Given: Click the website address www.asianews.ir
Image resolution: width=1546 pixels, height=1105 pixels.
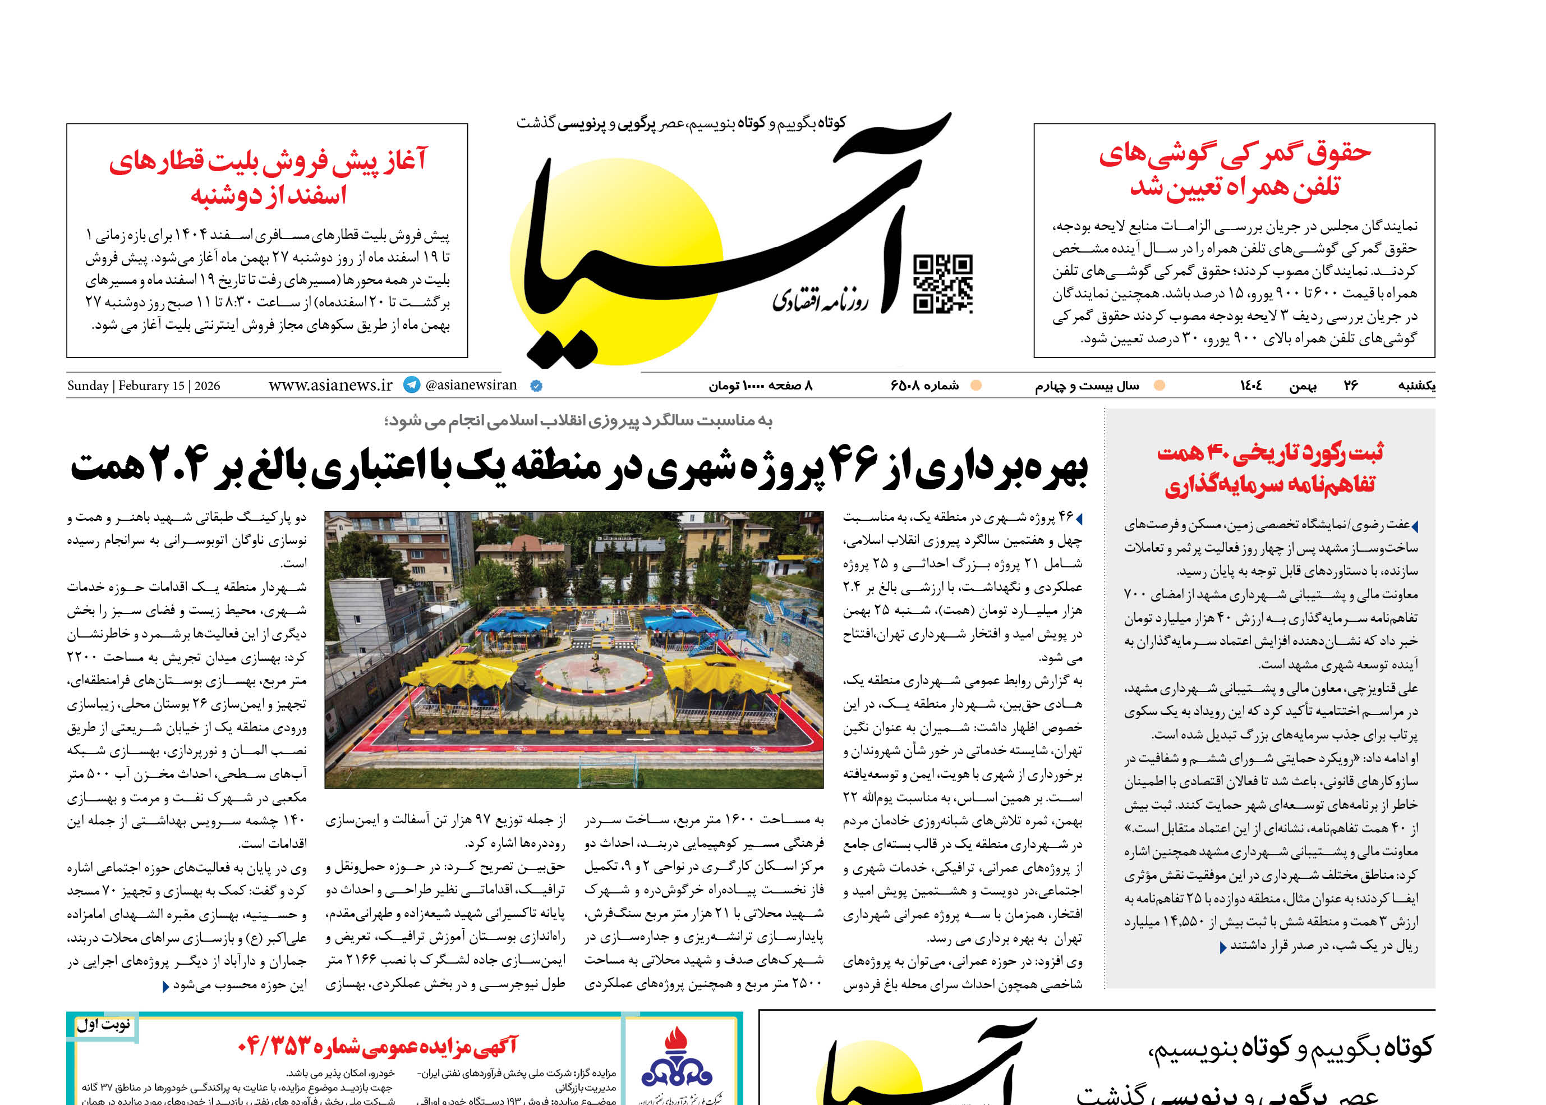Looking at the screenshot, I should coord(330,385).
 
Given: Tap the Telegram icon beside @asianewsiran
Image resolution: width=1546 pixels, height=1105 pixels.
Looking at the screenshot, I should coord(412,385).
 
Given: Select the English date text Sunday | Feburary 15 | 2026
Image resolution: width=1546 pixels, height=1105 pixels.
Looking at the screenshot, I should coord(144,386).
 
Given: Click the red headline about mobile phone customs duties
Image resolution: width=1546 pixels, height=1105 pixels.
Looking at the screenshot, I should coord(1235,170).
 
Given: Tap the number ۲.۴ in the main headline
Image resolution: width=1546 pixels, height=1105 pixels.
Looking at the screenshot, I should coord(178,466).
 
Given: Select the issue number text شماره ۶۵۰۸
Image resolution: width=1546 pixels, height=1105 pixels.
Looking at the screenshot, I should coord(924,386).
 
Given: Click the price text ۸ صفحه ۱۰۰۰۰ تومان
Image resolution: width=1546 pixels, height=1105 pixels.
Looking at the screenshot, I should coord(761,386).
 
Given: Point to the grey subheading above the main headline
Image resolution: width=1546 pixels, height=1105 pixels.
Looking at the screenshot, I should coord(578,421).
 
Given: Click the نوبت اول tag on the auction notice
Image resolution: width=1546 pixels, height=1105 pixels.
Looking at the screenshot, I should coord(103,1025).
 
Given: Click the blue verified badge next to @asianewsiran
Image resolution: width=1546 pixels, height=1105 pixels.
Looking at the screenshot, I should coord(536,386).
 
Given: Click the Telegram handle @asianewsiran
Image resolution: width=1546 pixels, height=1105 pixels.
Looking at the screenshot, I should coord(471,385).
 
